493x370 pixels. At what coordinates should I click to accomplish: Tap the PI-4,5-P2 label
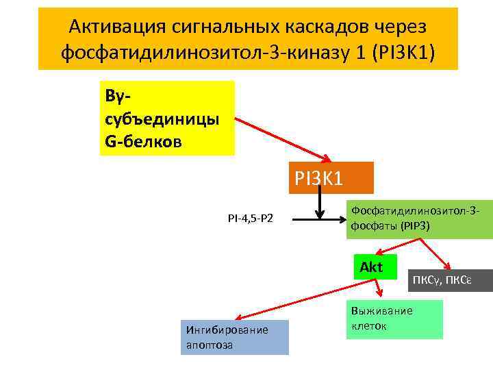(x=250, y=219)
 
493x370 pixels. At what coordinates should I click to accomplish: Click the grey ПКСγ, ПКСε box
(x=450, y=280)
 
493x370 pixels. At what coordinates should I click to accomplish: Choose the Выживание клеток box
(x=394, y=319)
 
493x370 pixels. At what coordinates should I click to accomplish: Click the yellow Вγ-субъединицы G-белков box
(x=166, y=118)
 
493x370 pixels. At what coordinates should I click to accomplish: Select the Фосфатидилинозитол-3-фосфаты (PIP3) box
(x=419, y=219)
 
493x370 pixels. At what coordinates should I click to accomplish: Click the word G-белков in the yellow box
(x=144, y=143)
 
